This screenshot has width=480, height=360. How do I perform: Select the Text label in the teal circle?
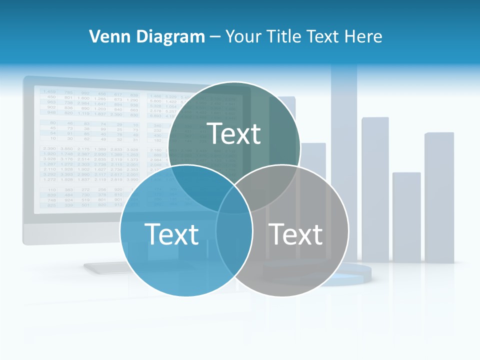[x=234, y=133]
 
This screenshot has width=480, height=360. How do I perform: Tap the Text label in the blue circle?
[x=171, y=234]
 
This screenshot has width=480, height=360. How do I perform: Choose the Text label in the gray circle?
[x=296, y=234]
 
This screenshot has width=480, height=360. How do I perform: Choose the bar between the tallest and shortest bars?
[x=375, y=190]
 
